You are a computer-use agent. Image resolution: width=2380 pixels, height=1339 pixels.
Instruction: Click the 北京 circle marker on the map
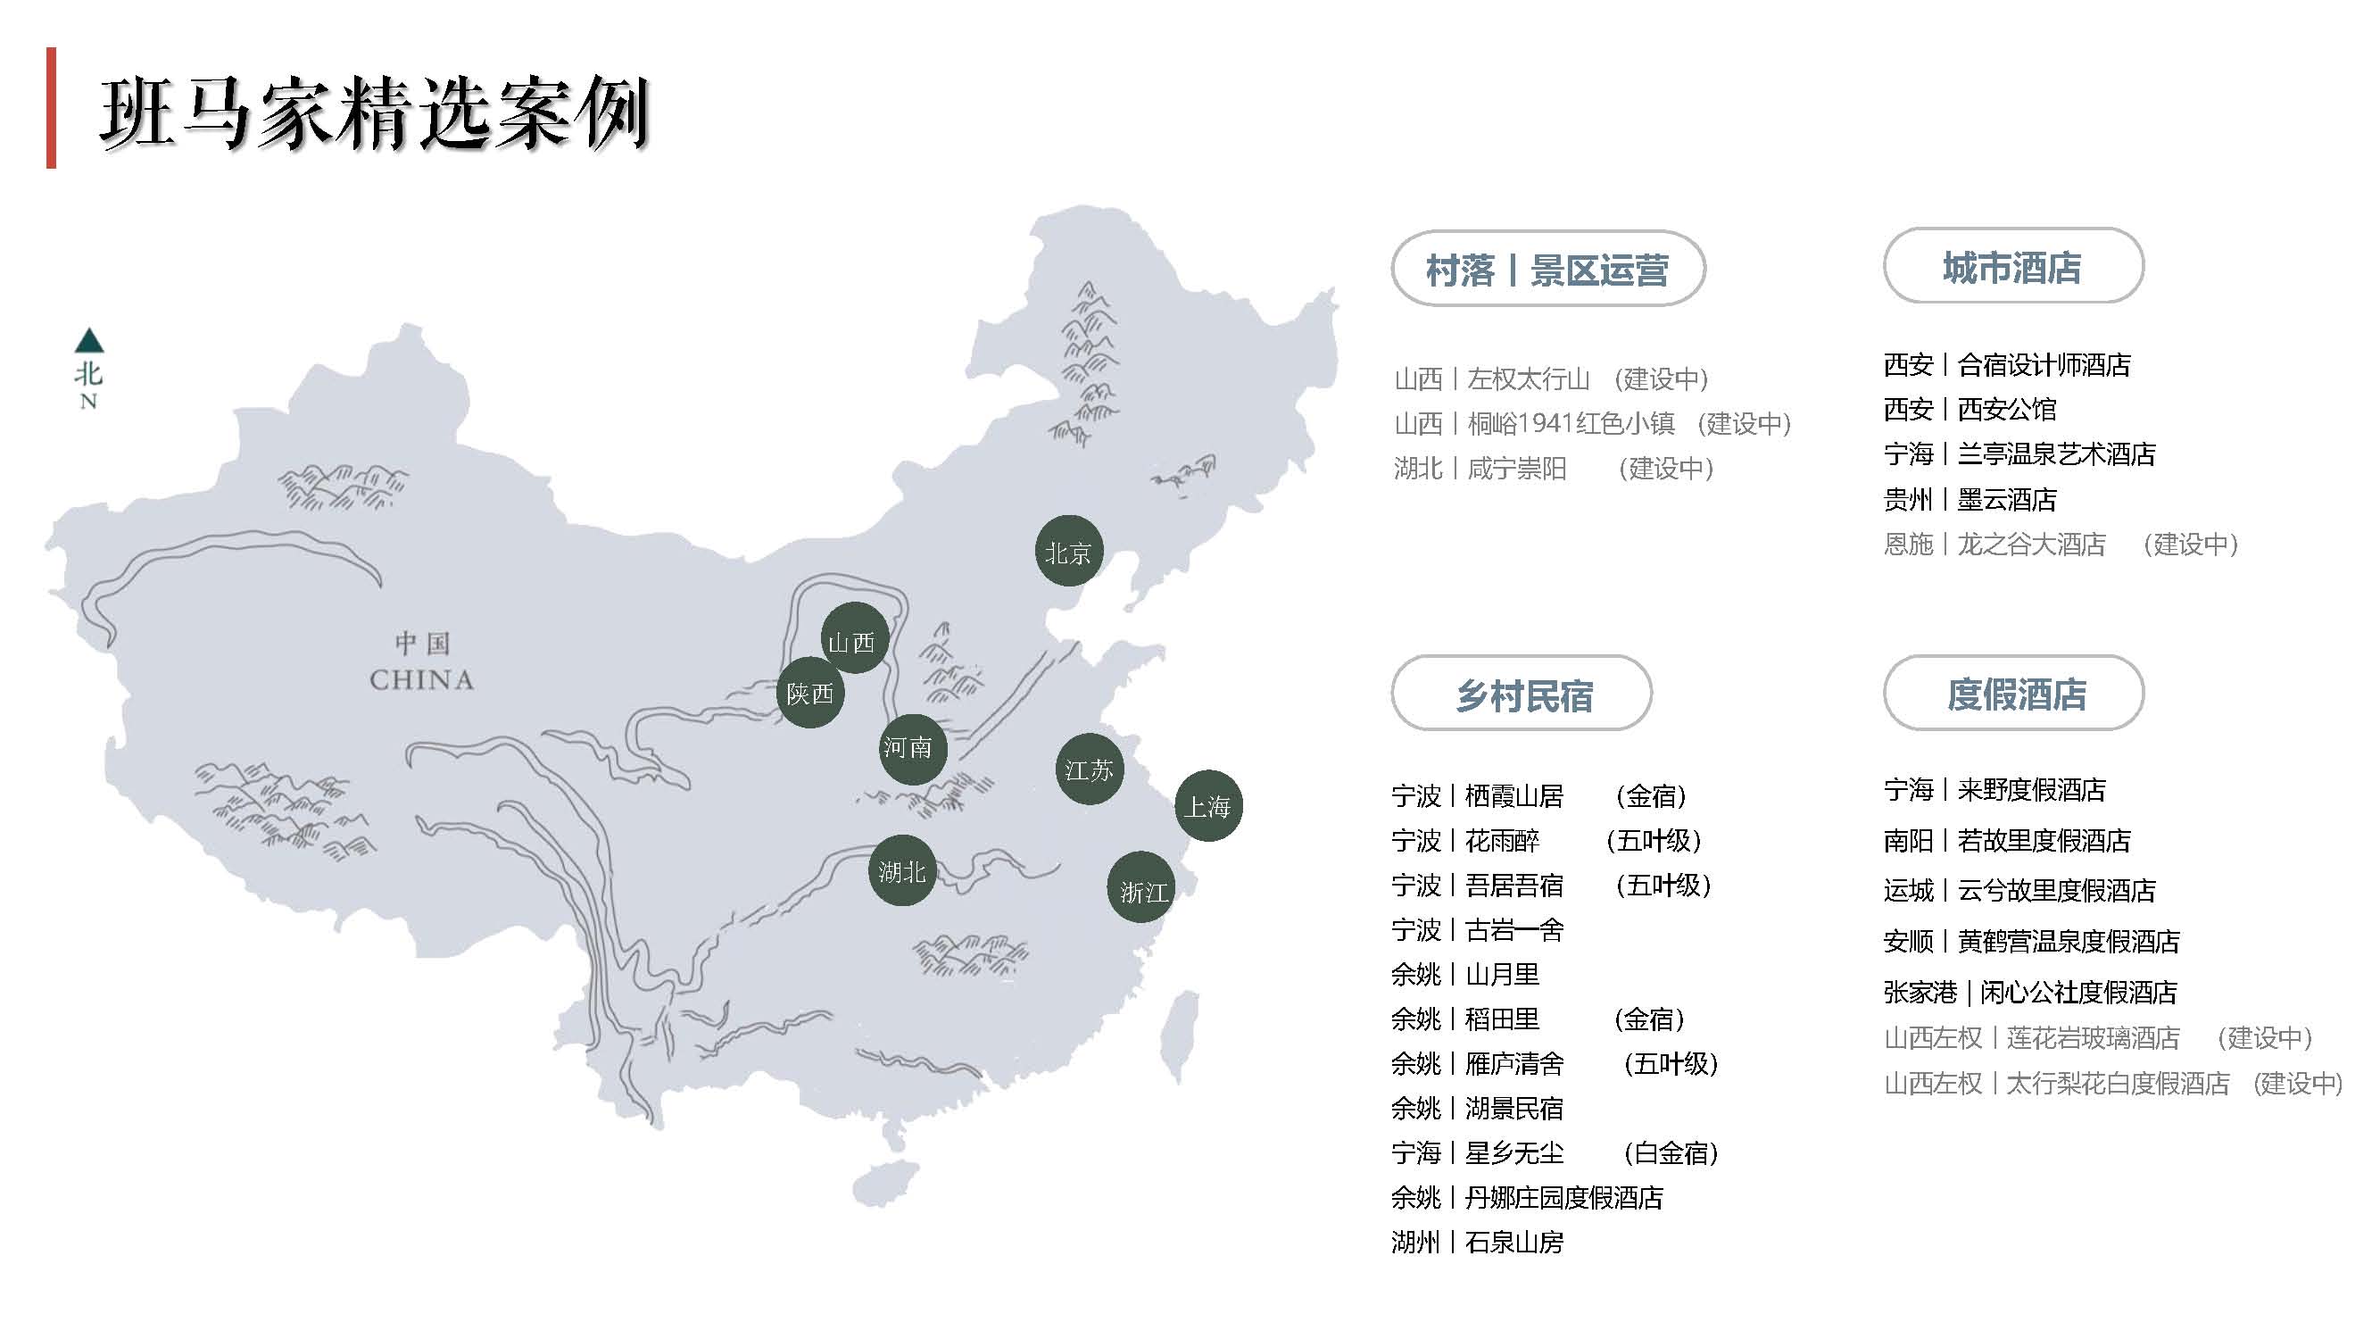[x=1068, y=552]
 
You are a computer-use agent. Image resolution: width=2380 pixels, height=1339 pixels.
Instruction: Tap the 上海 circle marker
[x=1207, y=806]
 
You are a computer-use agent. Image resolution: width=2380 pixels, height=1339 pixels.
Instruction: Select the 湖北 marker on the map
[x=901, y=870]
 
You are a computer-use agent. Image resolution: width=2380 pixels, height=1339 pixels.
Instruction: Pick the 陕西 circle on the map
[x=810, y=693]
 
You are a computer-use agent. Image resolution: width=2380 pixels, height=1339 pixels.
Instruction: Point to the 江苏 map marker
[x=1090, y=769]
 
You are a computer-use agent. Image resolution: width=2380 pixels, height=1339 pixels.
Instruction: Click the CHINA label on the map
[x=421, y=680]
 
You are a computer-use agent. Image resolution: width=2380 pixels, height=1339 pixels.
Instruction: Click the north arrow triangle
[x=89, y=341]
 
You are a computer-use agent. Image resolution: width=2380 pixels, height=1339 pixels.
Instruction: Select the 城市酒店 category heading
[x=2012, y=267]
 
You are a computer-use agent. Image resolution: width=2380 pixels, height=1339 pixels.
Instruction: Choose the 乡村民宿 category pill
[x=1522, y=694]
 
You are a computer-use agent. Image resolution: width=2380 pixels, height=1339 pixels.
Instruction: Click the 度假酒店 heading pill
[x=2014, y=694]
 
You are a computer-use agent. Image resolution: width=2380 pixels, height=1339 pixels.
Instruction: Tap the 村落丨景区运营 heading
[x=1547, y=270]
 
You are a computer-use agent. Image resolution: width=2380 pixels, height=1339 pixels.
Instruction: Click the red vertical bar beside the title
[x=51, y=108]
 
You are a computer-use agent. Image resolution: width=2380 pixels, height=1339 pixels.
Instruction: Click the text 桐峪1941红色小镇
[x=1571, y=423]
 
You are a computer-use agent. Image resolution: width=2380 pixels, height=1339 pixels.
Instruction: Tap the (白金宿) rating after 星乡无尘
[x=1671, y=1152]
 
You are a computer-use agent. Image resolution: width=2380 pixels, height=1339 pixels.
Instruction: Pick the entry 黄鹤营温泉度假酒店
[x=2068, y=941]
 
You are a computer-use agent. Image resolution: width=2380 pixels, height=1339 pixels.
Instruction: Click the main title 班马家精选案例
[x=374, y=113]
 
